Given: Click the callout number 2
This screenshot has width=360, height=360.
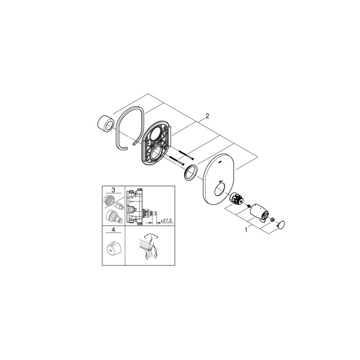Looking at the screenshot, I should (207, 117).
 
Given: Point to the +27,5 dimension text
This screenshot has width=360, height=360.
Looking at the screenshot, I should (166, 221).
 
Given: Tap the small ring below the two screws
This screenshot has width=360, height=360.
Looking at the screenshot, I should (190, 173).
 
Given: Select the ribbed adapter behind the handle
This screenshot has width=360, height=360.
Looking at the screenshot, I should (237, 199).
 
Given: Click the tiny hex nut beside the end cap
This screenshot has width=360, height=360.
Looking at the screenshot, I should (272, 220).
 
